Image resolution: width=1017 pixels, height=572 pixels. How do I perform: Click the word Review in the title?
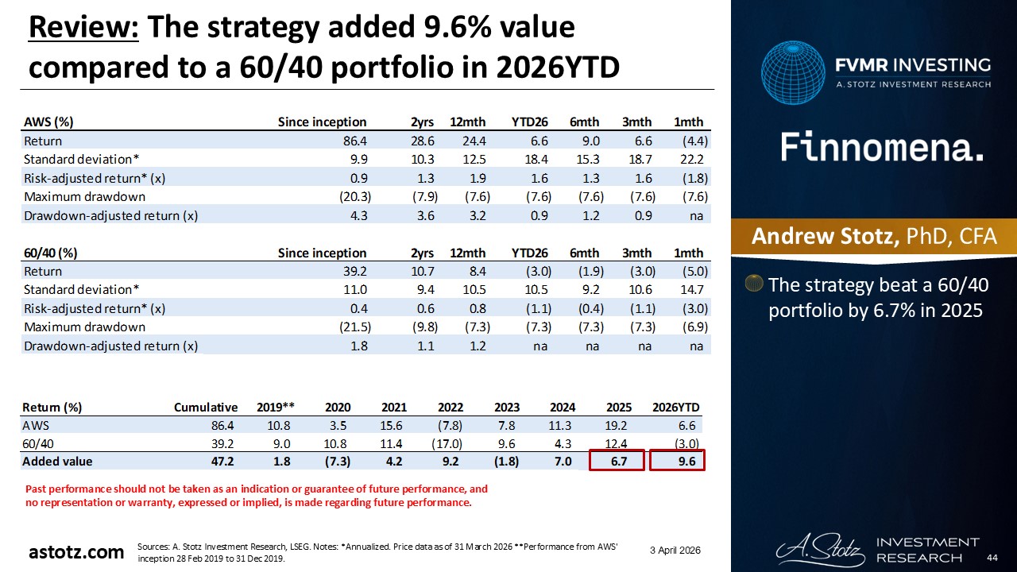83,28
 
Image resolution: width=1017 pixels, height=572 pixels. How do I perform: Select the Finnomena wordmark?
882,148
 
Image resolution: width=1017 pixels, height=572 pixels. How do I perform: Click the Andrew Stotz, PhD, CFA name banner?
873,237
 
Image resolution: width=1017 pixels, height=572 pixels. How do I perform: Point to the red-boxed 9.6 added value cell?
678,462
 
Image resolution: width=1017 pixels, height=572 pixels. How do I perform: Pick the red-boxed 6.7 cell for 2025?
617,462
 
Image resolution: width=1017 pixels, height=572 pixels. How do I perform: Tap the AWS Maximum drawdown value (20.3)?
348,196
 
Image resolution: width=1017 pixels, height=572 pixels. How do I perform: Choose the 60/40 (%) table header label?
50,253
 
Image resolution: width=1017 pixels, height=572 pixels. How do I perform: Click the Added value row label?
57,462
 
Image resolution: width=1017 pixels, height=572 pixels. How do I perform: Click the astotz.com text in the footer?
76,552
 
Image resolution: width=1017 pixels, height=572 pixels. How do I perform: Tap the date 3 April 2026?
675,551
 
